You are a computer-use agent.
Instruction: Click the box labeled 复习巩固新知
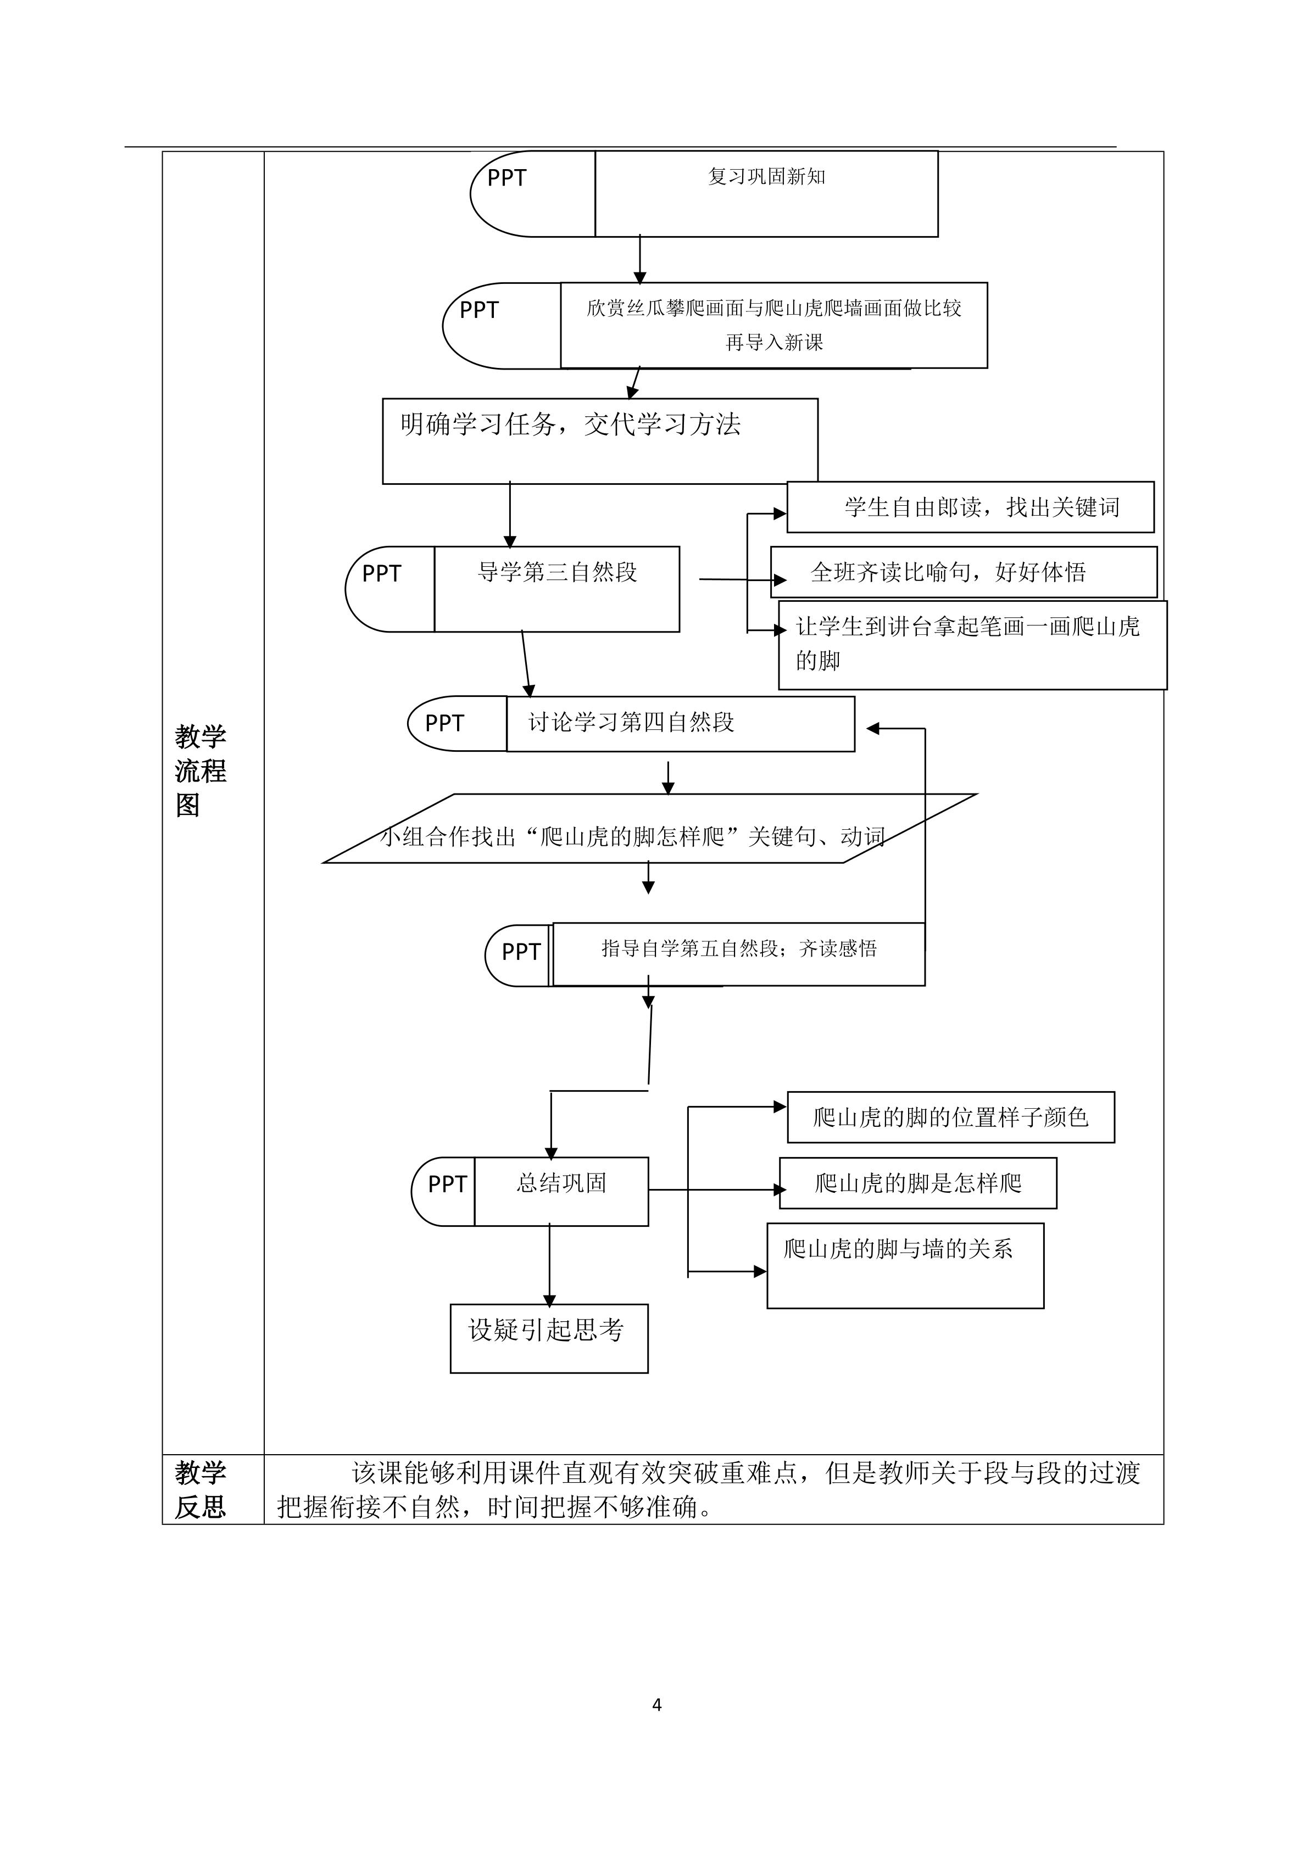(766, 193)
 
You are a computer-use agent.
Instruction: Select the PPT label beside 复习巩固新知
(506, 178)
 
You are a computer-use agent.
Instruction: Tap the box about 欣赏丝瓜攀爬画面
(773, 325)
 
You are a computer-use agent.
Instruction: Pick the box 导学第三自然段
(556, 589)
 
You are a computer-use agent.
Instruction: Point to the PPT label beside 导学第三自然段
(382, 573)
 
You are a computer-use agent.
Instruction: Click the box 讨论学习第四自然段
(680, 723)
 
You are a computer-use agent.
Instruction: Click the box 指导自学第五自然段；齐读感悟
(738, 954)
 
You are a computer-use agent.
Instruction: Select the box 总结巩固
(561, 1191)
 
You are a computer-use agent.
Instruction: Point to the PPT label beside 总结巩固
(447, 1184)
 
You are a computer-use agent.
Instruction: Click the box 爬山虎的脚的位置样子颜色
(950, 1117)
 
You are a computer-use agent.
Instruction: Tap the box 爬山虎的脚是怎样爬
(917, 1183)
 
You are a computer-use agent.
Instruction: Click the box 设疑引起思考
(548, 1338)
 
